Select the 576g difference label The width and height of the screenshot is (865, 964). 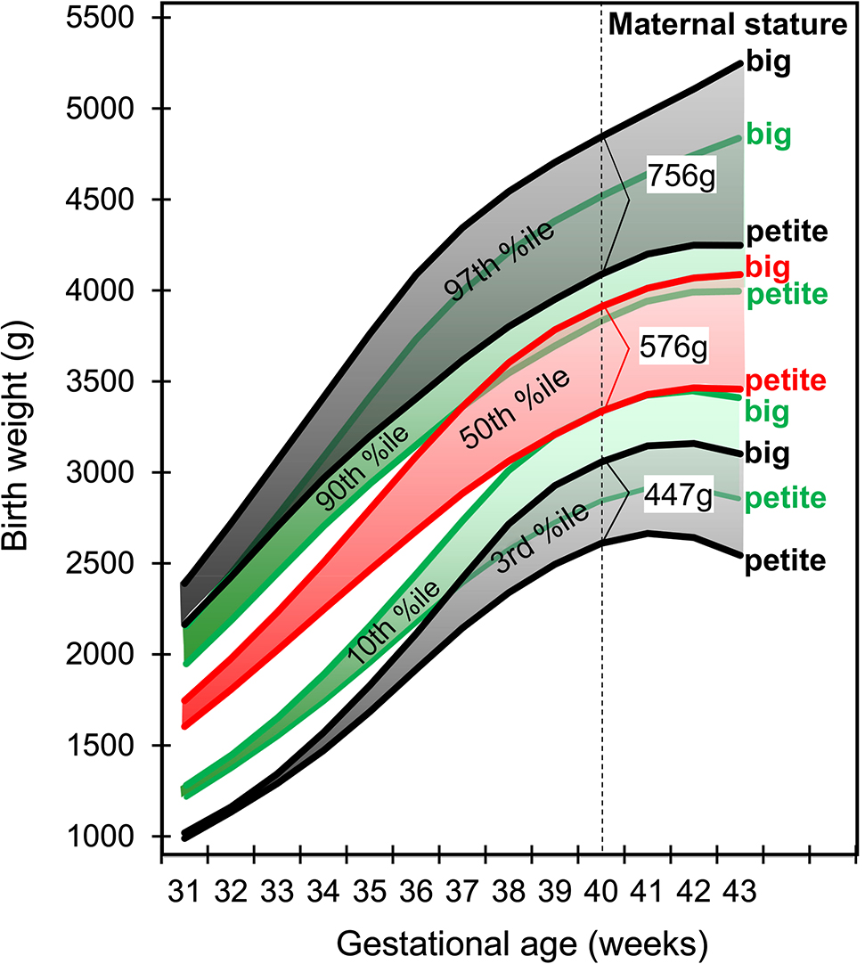point(674,349)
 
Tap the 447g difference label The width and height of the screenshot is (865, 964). point(680,498)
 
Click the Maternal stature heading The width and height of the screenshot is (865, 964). point(727,26)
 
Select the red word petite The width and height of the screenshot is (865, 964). point(787,380)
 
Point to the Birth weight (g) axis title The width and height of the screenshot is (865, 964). point(21,428)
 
